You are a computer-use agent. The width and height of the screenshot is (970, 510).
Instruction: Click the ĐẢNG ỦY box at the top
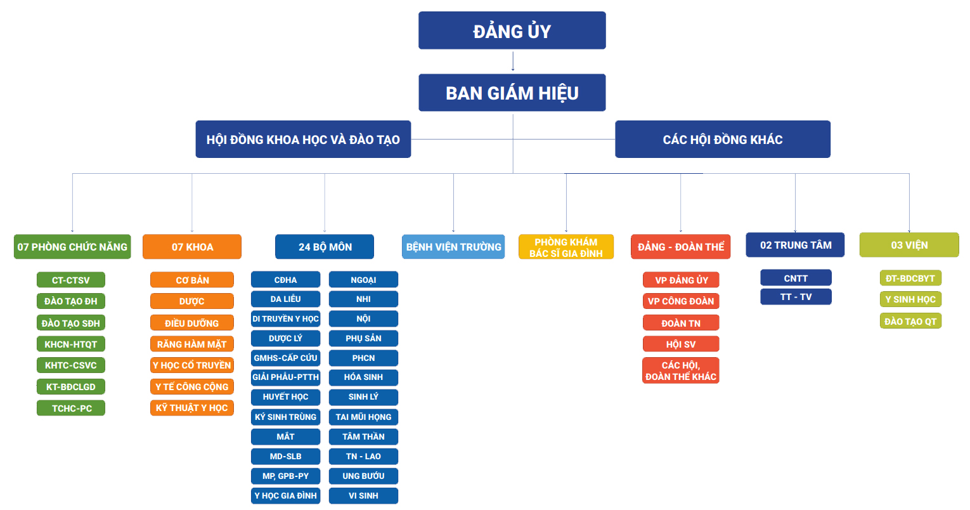(512, 30)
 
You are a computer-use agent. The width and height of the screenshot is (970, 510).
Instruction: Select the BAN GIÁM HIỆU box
(512, 93)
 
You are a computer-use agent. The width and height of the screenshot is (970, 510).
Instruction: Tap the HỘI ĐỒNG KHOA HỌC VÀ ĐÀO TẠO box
(303, 140)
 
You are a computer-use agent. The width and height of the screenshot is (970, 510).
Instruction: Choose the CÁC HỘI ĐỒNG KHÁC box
(722, 140)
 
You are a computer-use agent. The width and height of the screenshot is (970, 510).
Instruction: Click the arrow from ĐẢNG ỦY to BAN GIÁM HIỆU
(512, 62)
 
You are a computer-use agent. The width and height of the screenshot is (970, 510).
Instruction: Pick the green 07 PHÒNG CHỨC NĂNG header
(72, 247)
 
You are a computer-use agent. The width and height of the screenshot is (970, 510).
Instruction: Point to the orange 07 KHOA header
(192, 247)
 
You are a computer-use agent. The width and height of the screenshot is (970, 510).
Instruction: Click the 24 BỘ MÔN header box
(325, 247)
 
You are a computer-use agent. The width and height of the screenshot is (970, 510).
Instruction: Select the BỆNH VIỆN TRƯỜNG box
(453, 247)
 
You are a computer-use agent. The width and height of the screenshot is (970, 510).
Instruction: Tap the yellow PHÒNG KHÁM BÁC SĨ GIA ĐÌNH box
(566, 247)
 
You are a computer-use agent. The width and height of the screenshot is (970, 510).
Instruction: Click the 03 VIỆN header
(909, 245)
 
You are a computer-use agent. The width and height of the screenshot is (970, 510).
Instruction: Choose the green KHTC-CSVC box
(70, 365)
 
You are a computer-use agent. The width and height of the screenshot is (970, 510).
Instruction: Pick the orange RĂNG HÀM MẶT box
(191, 344)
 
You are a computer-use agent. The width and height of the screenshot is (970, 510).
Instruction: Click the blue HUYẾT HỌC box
(285, 397)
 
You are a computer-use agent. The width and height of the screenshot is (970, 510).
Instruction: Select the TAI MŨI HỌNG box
(363, 417)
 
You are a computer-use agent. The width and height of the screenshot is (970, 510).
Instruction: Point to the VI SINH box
(363, 495)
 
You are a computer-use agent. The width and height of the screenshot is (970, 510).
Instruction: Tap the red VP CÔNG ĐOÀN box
(680, 301)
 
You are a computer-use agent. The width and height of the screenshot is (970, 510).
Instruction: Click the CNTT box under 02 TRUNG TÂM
(795, 278)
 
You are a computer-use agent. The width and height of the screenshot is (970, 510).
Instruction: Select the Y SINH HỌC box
(910, 299)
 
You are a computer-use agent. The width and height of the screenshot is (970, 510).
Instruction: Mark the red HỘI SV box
(680, 344)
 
